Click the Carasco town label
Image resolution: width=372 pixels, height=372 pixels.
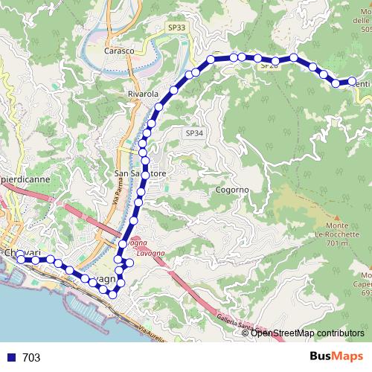(x=118, y=51)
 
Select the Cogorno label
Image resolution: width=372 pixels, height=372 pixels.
(x=232, y=190)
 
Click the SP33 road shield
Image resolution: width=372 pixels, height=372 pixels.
(x=176, y=28)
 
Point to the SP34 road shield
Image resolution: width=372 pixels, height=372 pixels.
(x=193, y=132)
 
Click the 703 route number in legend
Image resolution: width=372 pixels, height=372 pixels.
(x=31, y=358)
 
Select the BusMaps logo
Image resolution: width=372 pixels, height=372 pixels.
(x=334, y=356)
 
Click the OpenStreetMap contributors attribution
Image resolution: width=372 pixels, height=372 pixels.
(x=307, y=333)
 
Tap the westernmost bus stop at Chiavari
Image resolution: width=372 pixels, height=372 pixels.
(x=19, y=258)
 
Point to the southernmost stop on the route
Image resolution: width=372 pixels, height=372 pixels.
(x=113, y=295)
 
